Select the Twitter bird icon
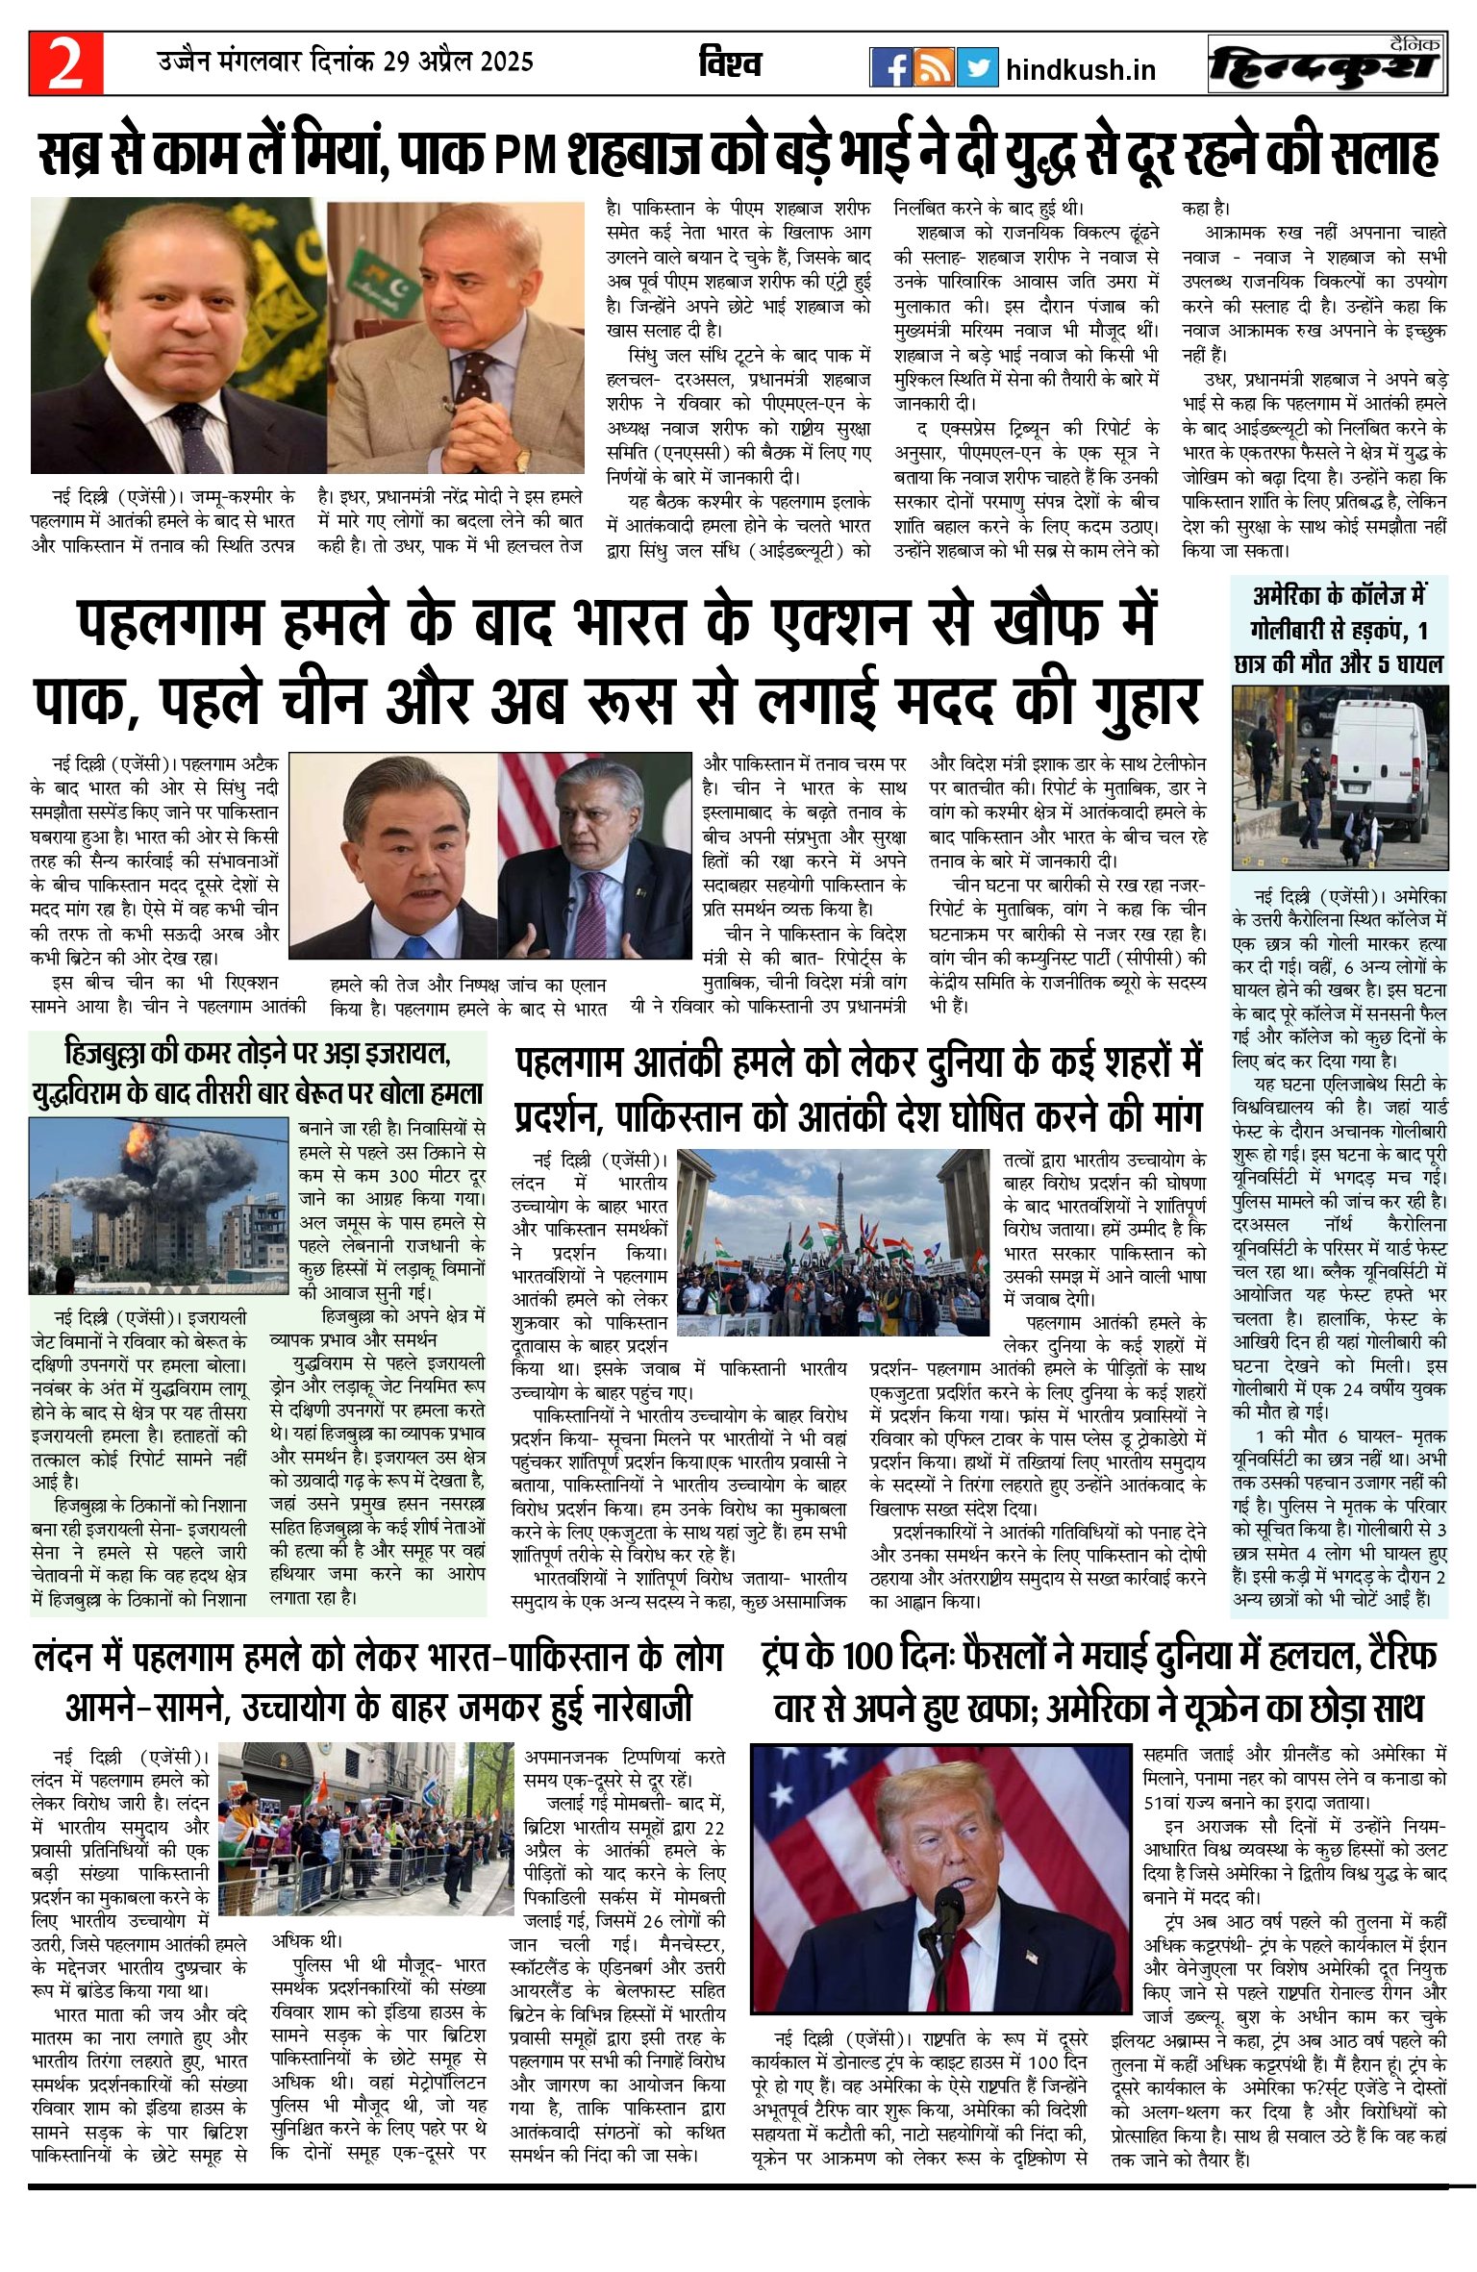coord(978,67)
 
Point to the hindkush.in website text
coord(1080,69)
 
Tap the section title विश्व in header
coord(730,64)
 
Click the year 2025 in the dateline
coord(496,62)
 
